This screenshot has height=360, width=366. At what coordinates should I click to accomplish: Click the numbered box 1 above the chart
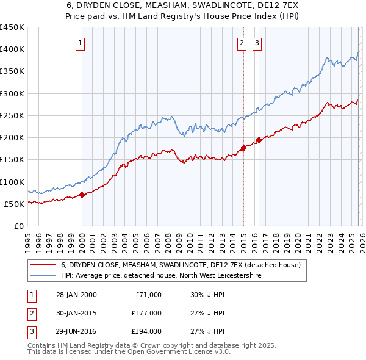[81, 43]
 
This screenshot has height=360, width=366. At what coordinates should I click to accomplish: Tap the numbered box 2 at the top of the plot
[242, 43]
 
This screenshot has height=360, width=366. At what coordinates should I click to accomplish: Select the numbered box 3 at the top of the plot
[257, 43]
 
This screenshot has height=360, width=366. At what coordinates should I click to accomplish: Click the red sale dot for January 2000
[82, 195]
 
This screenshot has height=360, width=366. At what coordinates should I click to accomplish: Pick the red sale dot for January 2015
[243, 148]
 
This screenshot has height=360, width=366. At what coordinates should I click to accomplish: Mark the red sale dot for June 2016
[259, 140]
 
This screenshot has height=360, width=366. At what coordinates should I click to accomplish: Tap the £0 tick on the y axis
[18, 226]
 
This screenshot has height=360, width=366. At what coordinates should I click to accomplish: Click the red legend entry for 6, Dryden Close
[181, 265]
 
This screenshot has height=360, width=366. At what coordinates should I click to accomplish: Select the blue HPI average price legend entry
[160, 276]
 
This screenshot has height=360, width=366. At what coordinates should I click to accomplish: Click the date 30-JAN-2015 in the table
[77, 313]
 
